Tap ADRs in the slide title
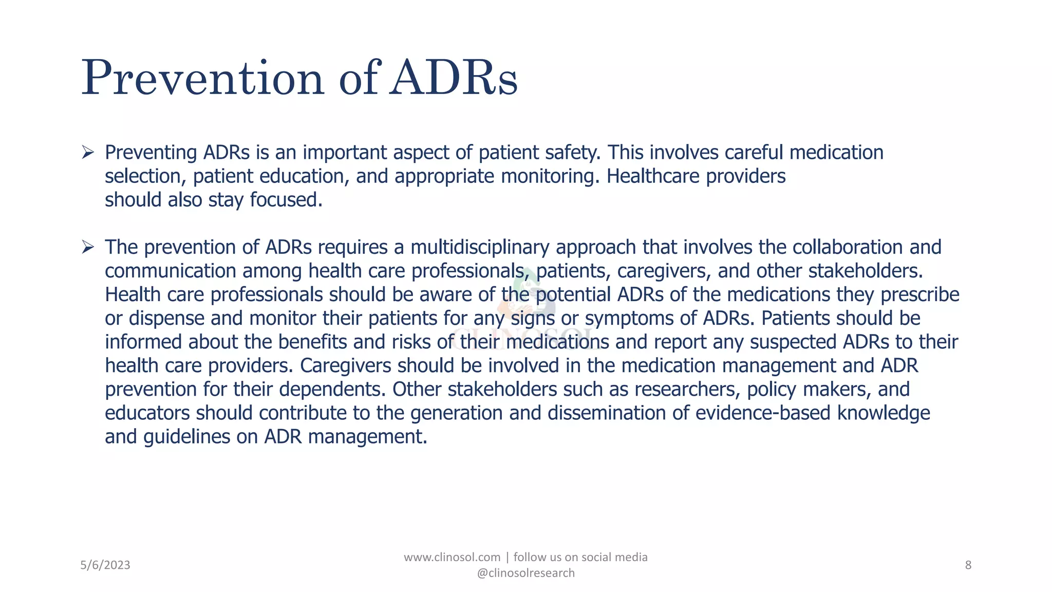453,78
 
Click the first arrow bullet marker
88,153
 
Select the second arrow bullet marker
88,247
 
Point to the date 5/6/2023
105,565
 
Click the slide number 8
968,565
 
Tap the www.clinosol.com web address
452,557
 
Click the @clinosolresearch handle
525,573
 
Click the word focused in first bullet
286,200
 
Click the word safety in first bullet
572,153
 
